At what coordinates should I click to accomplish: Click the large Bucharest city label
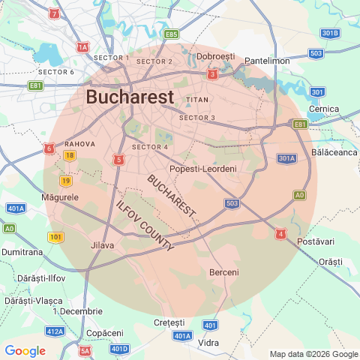click(x=130, y=97)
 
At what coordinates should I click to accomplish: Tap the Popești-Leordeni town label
click(x=203, y=169)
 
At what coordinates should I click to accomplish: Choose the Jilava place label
click(x=102, y=245)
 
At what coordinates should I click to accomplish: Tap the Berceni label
click(x=224, y=271)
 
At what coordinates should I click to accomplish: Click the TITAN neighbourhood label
click(x=196, y=99)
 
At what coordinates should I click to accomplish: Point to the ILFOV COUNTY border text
click(x=145, y=226)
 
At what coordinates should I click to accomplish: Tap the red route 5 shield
click(x=118, y=159)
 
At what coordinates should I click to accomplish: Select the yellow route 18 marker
click(x=70, y=155)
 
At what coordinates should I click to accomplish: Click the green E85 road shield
click(x=172, y=34)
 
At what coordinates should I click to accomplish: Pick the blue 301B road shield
click(x=330, y=33)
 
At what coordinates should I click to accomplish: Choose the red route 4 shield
click(x=281, y=235)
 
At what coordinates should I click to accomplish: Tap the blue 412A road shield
click(x=55, y=331)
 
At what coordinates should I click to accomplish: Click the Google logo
click(x=25, y=351)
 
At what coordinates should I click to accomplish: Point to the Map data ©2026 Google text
click(x=313, y=354)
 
